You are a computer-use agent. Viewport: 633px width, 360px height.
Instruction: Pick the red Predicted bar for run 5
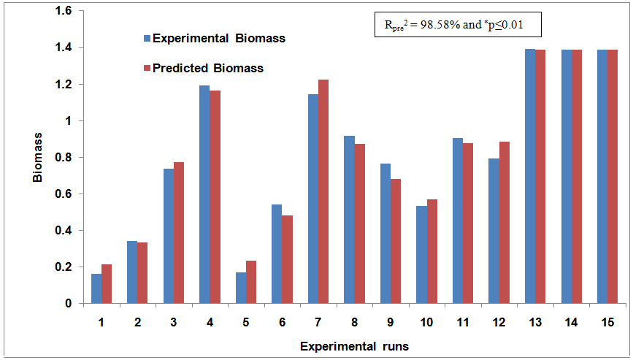click(251, 282)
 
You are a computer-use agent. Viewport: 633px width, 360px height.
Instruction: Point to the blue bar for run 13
click(530, 176)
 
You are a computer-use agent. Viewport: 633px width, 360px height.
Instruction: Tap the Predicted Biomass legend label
click(207, 68)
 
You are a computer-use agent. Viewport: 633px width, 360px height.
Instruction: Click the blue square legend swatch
click(146, 38)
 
